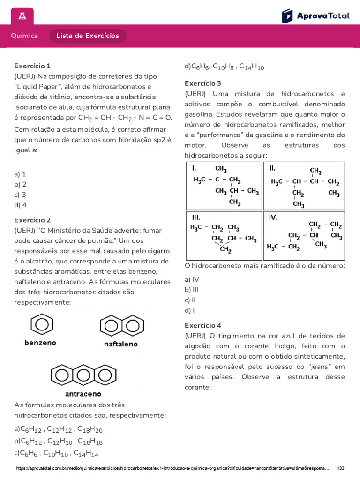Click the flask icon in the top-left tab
coord(22,16)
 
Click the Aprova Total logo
coord(315,16)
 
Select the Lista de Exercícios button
coord(88,36)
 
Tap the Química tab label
coord(24,36)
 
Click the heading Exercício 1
coord(32,66)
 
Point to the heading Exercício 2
coord(32,220)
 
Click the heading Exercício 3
coord(203,83)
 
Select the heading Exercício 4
coord(203,325)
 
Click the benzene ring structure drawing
coord(41,325)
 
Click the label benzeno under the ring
coord(40,343)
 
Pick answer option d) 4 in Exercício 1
coord(21,205)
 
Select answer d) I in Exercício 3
coord(190,310)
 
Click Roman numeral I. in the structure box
coord(194,168)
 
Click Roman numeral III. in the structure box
coord(196,217)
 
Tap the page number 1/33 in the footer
coord(340,468)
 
